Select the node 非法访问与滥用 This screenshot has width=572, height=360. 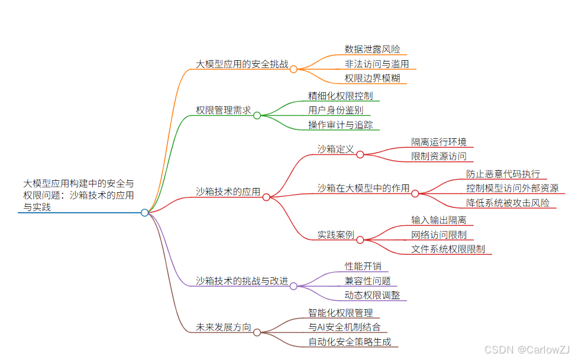[x=377, y=64]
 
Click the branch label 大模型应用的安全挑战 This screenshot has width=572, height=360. [x=242, y=64]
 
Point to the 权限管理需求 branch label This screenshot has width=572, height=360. [x=224, y=110]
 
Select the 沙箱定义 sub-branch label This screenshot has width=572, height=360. [x=335, y=149]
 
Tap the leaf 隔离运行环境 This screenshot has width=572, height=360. [x=439, y=142]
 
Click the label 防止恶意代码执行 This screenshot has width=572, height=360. [x=503, y=174]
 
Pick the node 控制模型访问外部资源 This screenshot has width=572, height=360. [x=512, y=189]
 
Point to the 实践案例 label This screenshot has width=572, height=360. [x=335, y=235]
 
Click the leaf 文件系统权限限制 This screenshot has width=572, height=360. [x=448, y=249]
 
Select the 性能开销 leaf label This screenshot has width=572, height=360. [x=363, y=267]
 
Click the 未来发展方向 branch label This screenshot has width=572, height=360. [x=224, y=327]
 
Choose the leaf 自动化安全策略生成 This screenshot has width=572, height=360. [x=349, y=342]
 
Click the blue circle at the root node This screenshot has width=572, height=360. [x=144, y=213]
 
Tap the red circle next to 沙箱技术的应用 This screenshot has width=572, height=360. [x=266, y=197]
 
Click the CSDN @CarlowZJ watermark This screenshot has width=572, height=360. [x=526, y=349]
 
